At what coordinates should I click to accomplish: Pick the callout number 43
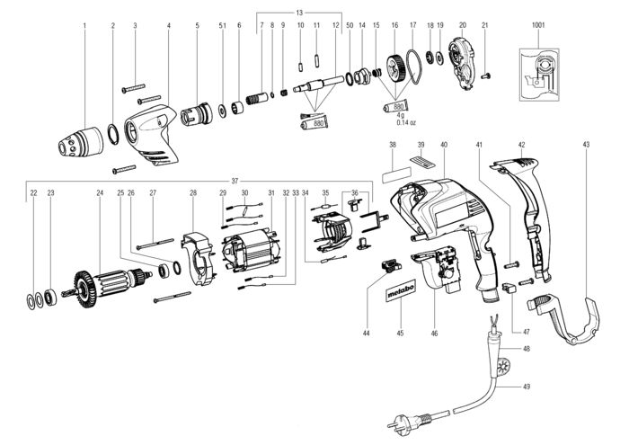coord(586,145)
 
